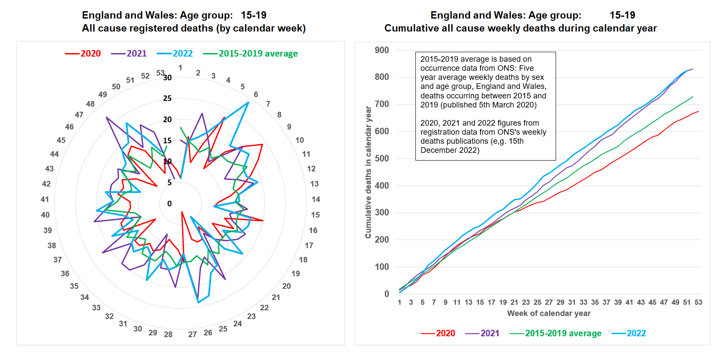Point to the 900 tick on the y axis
[382, 50]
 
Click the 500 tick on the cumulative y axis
[382, 158]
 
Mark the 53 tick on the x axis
[698, 302]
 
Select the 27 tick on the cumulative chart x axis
[549, 302]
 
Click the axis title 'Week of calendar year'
[549, 313]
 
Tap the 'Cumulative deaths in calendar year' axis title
[368, 172]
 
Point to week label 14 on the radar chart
[316, 199]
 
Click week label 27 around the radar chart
[192, 335]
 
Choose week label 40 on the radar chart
[45, 215]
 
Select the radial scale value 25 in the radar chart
[167, 98]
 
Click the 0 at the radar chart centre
[170, 204]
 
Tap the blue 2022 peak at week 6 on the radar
[248, 102]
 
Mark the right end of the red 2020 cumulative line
[698, 111]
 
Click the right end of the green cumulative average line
[693, 97]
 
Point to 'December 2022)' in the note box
[450, 150]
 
